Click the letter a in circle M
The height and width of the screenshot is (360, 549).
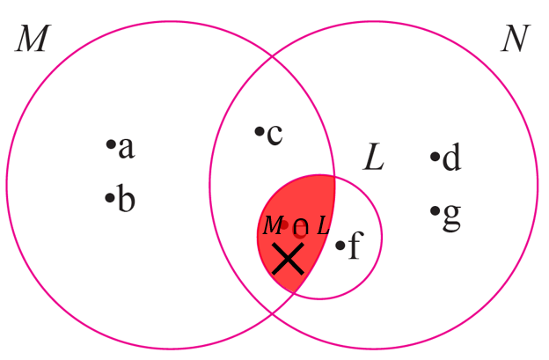pos(127,148)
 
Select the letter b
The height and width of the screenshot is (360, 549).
pos(127,201)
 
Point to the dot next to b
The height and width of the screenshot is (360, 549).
pos(110,197)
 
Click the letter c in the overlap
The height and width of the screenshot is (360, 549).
pos(274,135)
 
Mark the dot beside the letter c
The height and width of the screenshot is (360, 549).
pos(259,132)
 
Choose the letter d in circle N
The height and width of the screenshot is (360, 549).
pos(451,159)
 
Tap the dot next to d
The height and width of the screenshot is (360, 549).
pos(435,158)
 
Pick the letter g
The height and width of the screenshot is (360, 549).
pos(451,216)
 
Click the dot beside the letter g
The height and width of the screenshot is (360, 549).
pos(435,210)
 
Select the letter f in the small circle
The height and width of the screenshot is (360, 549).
pos(353,247)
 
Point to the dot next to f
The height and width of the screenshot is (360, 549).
pos(340,245)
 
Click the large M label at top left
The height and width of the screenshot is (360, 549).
pos(31,40)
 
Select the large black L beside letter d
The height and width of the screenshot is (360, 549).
pos(375,158)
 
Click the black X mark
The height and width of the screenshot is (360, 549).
pos(288,259)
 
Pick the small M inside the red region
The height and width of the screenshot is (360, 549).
pos(272,225)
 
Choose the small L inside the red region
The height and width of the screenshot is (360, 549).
pos(323,225)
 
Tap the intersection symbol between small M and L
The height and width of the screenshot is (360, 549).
pos(300,230)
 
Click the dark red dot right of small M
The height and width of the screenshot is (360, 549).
pos(285,224)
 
